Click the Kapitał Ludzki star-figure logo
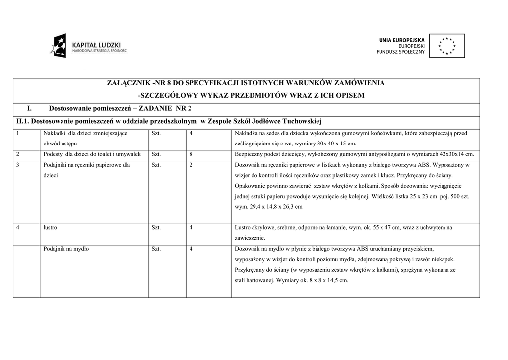58,46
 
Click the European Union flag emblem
447,46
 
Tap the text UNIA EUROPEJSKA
402,40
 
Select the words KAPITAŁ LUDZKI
96,44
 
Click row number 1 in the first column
18,133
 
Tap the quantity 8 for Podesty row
191,154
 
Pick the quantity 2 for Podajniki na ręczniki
191,165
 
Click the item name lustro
50,228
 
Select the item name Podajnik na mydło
66,249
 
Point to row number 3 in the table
18,165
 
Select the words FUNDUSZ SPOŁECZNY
401,52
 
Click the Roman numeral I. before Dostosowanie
29,108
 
